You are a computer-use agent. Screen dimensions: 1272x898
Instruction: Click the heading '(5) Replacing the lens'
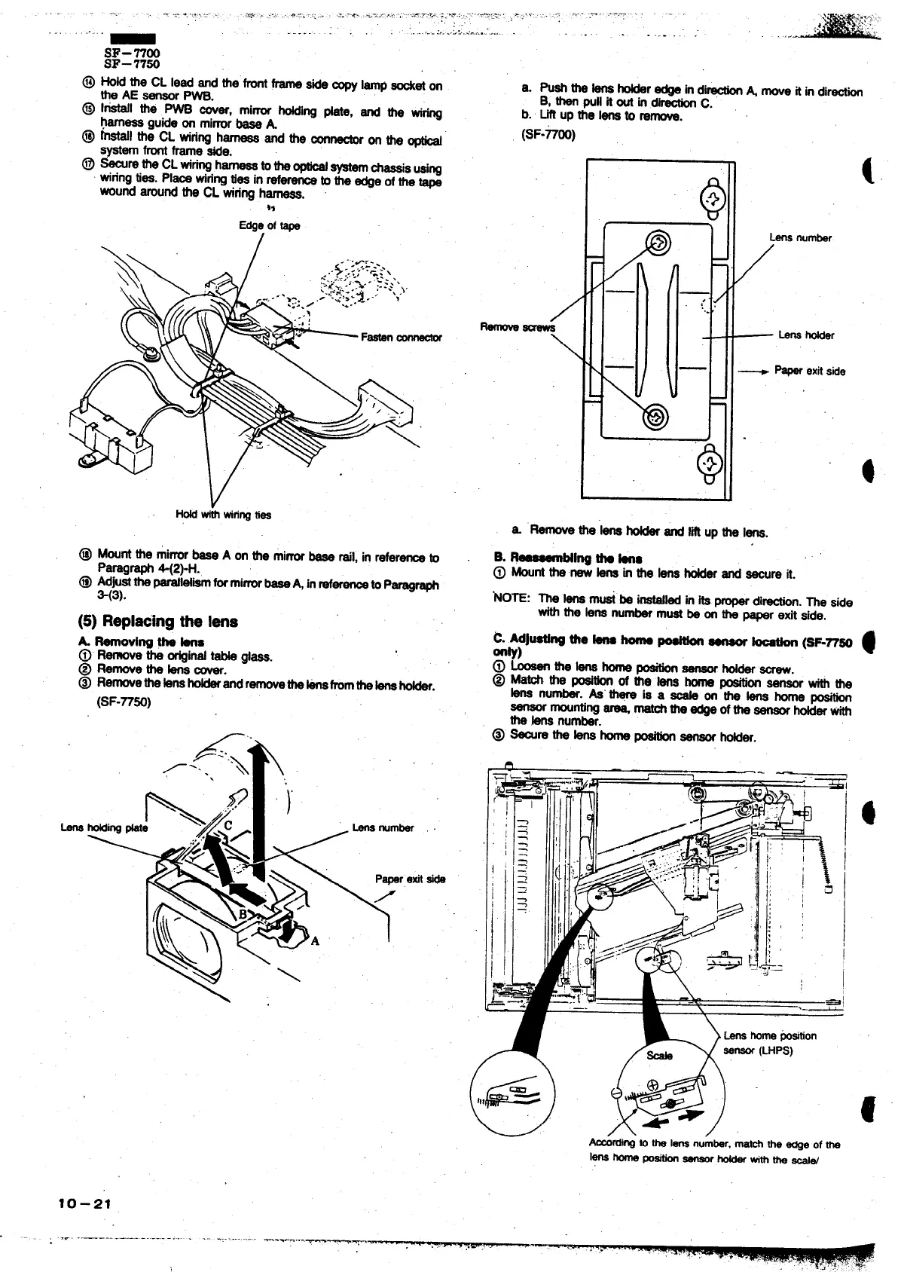click(157, 622)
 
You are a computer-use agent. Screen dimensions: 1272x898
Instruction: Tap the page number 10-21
click(84, 1203)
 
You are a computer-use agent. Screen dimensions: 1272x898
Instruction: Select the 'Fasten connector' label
click(401, 337)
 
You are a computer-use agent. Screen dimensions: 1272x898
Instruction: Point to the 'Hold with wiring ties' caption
click(223, 515)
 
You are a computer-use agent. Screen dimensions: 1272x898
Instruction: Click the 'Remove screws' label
click(517, 327)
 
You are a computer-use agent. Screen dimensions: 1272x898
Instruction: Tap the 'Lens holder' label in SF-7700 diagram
click(805, 335)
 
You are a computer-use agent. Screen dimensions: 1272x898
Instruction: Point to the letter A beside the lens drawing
click(314, 940)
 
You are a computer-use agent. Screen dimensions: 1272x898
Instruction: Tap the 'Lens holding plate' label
click(104, 827)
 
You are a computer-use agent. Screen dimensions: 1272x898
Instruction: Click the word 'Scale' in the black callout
click(659, 1055)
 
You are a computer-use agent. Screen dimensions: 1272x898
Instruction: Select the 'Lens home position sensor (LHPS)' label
click(768, 1042)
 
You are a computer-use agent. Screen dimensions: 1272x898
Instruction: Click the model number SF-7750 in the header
click(132, 64)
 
